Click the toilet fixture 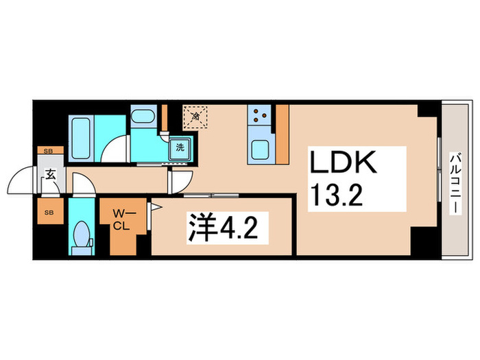coord(82,235)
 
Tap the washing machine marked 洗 coord(180,147)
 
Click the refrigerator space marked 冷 coord(195,117)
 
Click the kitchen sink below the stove coord(261,149)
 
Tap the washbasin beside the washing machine coord(143,118)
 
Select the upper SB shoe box coord(48,150)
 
